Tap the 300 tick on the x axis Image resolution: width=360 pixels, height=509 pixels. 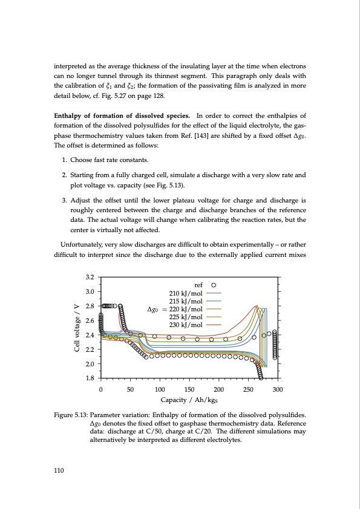pos(278,389)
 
